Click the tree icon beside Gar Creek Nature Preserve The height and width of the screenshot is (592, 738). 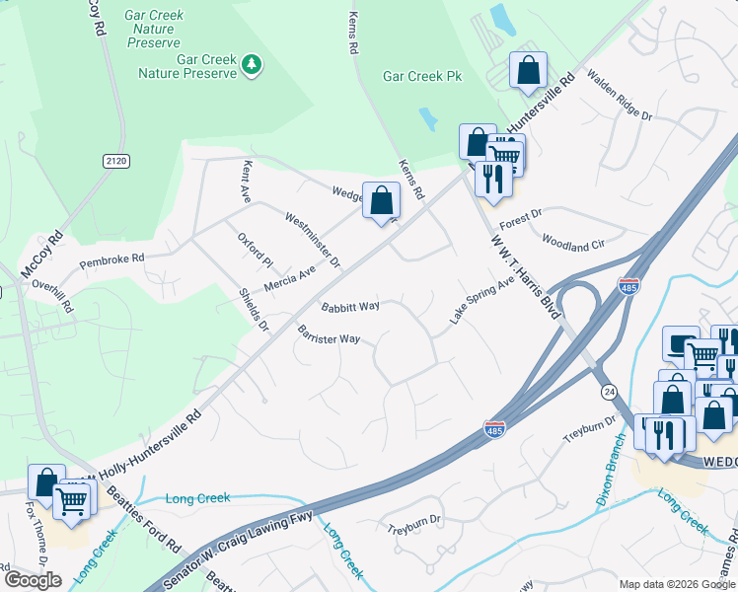[254, 65]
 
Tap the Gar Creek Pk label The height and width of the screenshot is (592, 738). [422, 76]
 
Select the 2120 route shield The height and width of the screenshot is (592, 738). [115, 160]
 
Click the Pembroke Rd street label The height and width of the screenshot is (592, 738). [111, 259]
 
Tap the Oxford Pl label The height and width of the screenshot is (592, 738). [255, 250]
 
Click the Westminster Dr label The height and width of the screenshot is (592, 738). [312, 240]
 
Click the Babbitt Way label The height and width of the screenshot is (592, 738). [350, 306]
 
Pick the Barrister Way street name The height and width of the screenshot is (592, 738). [329, 338]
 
